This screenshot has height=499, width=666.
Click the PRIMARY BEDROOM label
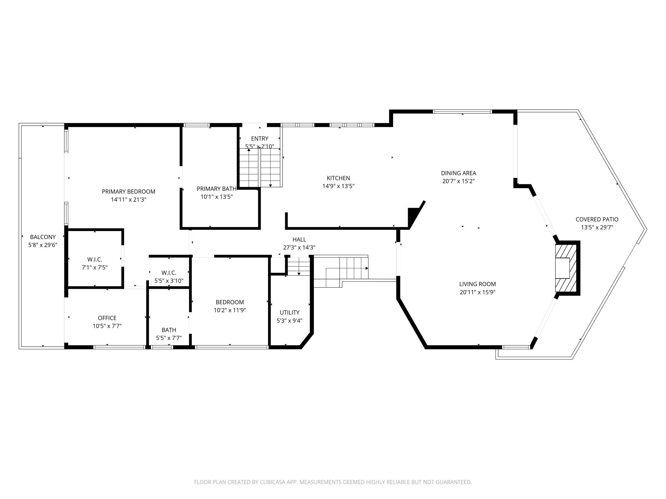click(x=128, y=192)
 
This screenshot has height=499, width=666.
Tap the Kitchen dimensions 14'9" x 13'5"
click(x=338, y=186)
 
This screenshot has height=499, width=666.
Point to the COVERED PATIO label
click(x=597, y=220)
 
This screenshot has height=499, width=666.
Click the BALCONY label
click(x=43, y=237)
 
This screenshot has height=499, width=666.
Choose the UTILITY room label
click(x=289, y=313)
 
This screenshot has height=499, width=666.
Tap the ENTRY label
click(x=260, y=139)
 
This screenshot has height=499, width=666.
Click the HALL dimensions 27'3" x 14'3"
click(x=299, y=248)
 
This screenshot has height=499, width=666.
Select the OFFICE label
click(x=107, y=318)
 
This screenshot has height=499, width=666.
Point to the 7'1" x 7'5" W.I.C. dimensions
click(x=95, y=268)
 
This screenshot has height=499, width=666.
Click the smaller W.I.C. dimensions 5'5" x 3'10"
click(x=169, y=281)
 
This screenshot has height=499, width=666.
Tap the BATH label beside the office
click(x=169, y=330)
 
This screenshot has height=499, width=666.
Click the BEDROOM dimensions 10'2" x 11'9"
click(x=230, y=310)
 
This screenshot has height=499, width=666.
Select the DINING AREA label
click(x=459, y=173)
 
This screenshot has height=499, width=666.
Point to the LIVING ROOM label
click(x=477, y=284)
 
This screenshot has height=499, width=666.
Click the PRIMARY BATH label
click(x=216, y=189)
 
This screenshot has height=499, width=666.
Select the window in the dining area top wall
click(x=462, y=111)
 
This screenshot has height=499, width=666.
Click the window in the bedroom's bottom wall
click(x=231, y=347)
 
